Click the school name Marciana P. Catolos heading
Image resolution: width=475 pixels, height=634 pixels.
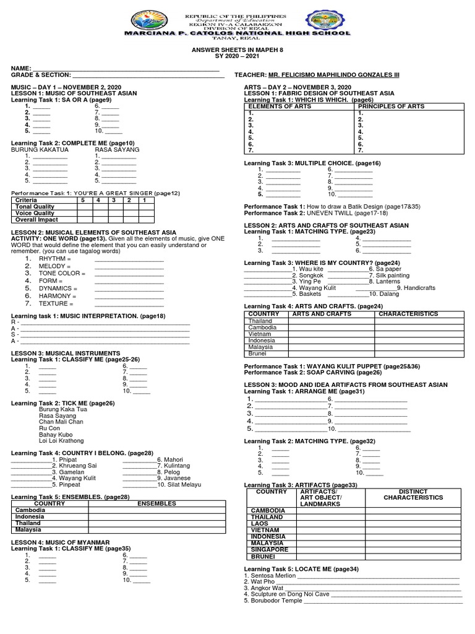tap(237, 33)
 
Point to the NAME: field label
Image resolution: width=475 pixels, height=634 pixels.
tap(21, 67)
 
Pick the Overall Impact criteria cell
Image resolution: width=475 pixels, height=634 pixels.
tap(37, 219)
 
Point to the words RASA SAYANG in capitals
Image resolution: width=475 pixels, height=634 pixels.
tap(117, 150)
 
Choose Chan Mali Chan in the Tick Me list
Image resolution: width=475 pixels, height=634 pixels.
tap(61, 422)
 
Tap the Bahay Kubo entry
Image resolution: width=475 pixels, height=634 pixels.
tap(56, 435)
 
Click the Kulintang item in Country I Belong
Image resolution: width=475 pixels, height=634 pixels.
tap(174, 465)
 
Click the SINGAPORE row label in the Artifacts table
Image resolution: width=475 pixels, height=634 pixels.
tap(269, 550)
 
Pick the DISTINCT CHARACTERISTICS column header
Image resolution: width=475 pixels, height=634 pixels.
tap(413, 494)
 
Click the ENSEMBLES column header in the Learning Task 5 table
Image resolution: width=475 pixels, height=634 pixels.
tap(156, 503)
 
